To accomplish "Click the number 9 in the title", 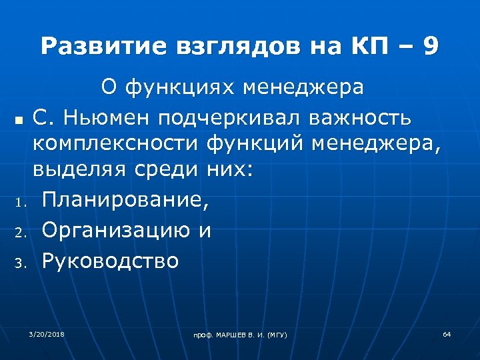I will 431,47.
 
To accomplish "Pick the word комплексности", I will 117,143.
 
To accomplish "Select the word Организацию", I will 117,230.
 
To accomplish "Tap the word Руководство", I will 111,260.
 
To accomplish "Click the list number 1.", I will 19,201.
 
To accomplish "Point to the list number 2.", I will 19,233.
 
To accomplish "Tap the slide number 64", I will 447,333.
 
